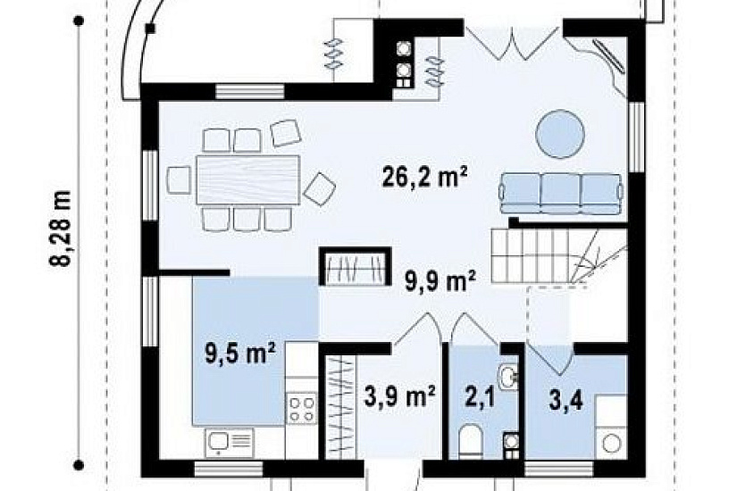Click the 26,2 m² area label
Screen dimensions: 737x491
pyautogui.click(x=425, y=178)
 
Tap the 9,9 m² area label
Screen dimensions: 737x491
pyautogui.click(x=440, y=281)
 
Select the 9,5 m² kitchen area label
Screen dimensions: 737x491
pyautogui.click(x=240, y=354)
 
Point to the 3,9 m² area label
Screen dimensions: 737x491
pyautogui.click(x=399, y=396)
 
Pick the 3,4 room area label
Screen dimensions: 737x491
pyautogui.click(x=566, y=402)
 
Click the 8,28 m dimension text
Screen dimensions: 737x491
pyautogui.click(x=61, y=229)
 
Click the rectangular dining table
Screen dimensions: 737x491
pyautogui.click(x=247, y=179)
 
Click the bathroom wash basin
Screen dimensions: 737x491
pyautogui.click(x=508, y=376)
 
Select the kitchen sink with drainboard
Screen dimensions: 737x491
pyautogui.click(x=230, y=443)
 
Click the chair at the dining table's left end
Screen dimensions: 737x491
pyautogui.click(x=179, y=179)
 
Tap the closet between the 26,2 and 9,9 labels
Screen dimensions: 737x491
pyautogui.click(x=355, y=266)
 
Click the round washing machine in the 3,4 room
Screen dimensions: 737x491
pyautogui.click(x=612, y=443)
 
